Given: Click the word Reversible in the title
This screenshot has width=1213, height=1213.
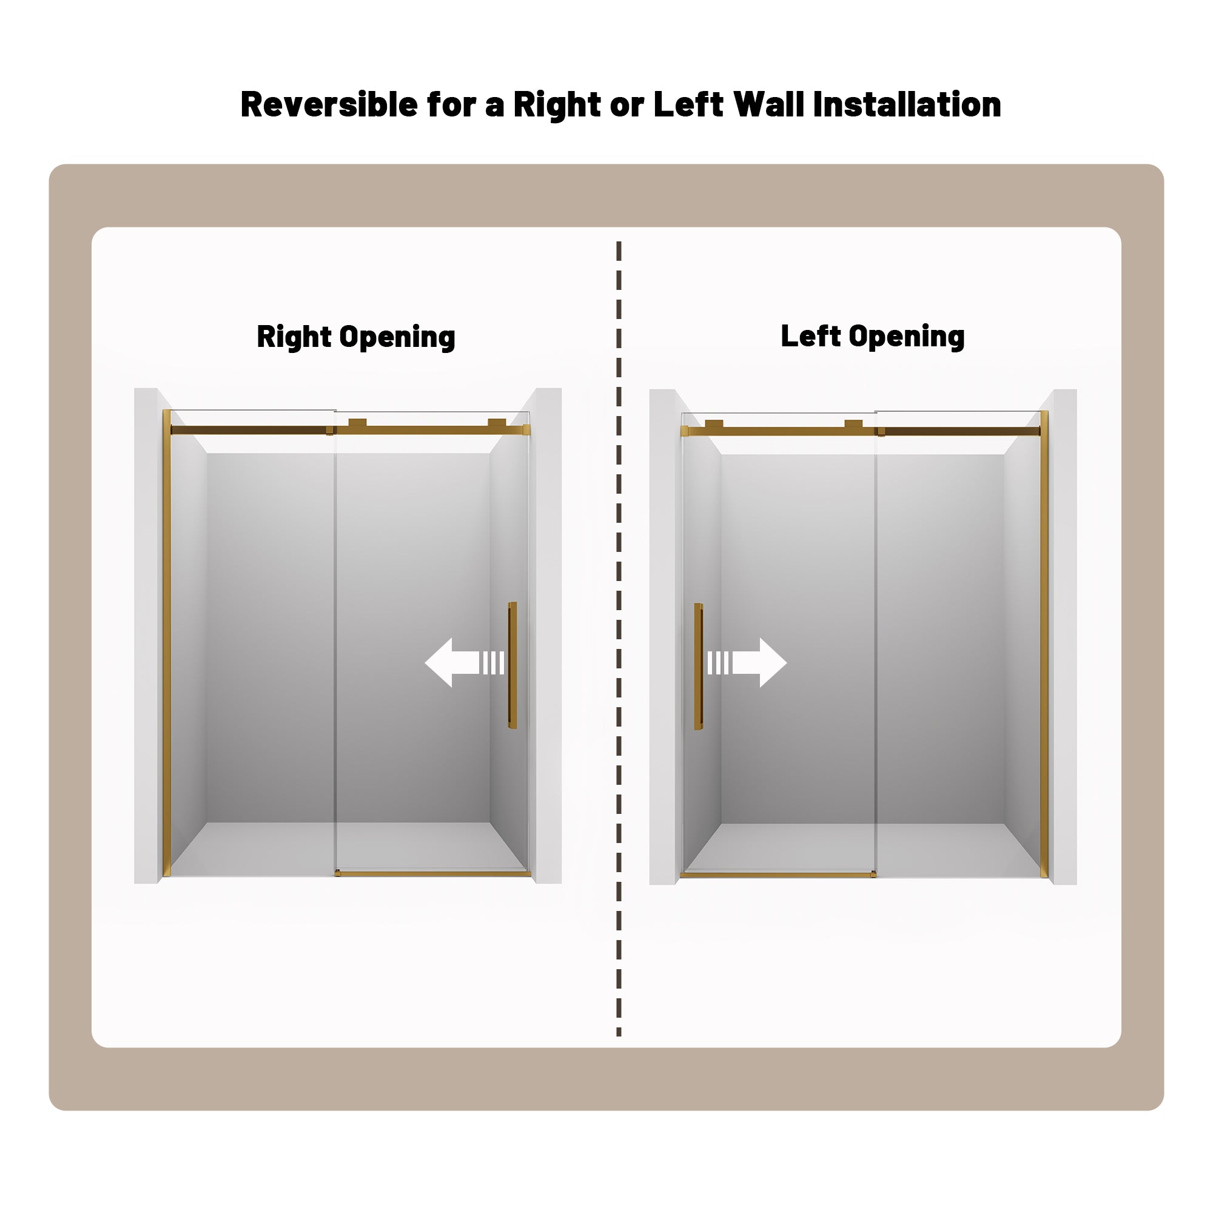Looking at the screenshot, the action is [x=329, y=104].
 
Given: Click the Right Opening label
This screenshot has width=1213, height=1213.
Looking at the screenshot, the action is [x=356, y=337].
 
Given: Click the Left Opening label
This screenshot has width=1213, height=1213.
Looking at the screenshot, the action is [x=873, y=337].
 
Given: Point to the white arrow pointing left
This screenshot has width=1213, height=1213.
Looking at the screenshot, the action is [x=465, y=662].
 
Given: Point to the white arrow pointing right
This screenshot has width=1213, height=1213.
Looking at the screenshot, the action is [x=747, y=662].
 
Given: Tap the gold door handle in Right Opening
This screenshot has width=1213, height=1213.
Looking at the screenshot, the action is [x=512, y=665].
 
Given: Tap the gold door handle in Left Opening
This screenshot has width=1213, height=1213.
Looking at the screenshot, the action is [x=698, y=667].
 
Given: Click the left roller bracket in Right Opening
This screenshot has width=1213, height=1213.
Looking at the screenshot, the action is [x=357, y=423].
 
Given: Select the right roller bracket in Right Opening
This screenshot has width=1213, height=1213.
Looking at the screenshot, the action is [x=497, y=423].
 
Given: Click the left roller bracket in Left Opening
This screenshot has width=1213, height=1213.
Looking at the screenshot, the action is [x=714, y=424].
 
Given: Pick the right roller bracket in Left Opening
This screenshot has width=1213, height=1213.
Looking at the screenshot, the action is [x=853, y=424].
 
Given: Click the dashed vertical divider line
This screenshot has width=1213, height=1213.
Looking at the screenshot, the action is [x=619, y=638].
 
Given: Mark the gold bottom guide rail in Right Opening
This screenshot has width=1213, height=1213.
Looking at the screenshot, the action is [x=432, y=873].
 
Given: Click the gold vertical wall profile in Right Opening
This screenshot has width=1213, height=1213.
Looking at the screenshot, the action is [x=166, y=643].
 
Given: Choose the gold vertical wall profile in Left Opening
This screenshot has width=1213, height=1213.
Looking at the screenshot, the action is [x=1044, y=644].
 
